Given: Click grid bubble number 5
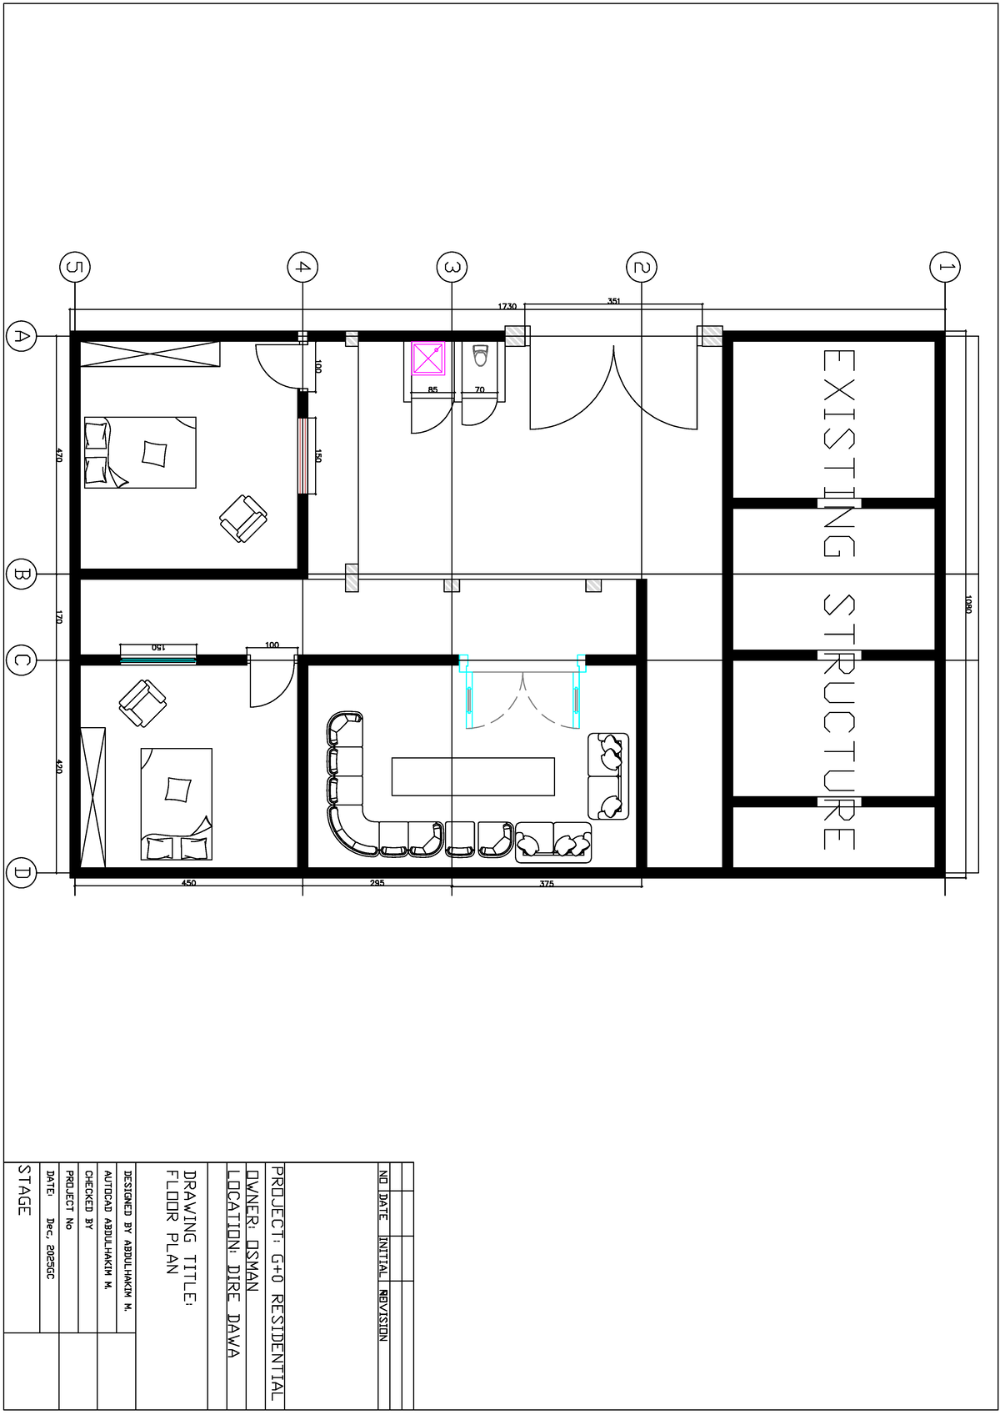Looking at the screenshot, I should pyautogui.click(x=75, y=268).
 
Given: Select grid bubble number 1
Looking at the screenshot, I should pyautogui.click(x=944, y=268).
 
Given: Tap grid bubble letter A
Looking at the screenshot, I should pyautogui.click(x=21, y=336).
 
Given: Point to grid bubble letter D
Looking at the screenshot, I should pyautogui.click(x=21, y=874).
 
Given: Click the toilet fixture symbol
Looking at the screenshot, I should pyautogui.click(x=479, y=357).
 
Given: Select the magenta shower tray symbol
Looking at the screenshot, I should pyautogui.click(x=428, y=359).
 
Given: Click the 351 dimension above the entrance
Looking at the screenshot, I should pyautogui.click(x=613, y=301).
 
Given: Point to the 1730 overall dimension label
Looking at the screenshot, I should pyautogui.click(x=507, y=307).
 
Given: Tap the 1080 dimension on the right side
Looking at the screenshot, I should pyautogui.click(x=968, y=604).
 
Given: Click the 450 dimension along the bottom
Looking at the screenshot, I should pyautogui.click(x=188, y=883).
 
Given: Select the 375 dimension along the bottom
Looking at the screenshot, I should pyautogui.click(x=547, y=884).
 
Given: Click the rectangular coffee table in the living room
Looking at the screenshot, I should pyautogui.click(x=472, y=776).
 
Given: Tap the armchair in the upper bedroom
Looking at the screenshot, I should pyautogui.click(x=243, y=519).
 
